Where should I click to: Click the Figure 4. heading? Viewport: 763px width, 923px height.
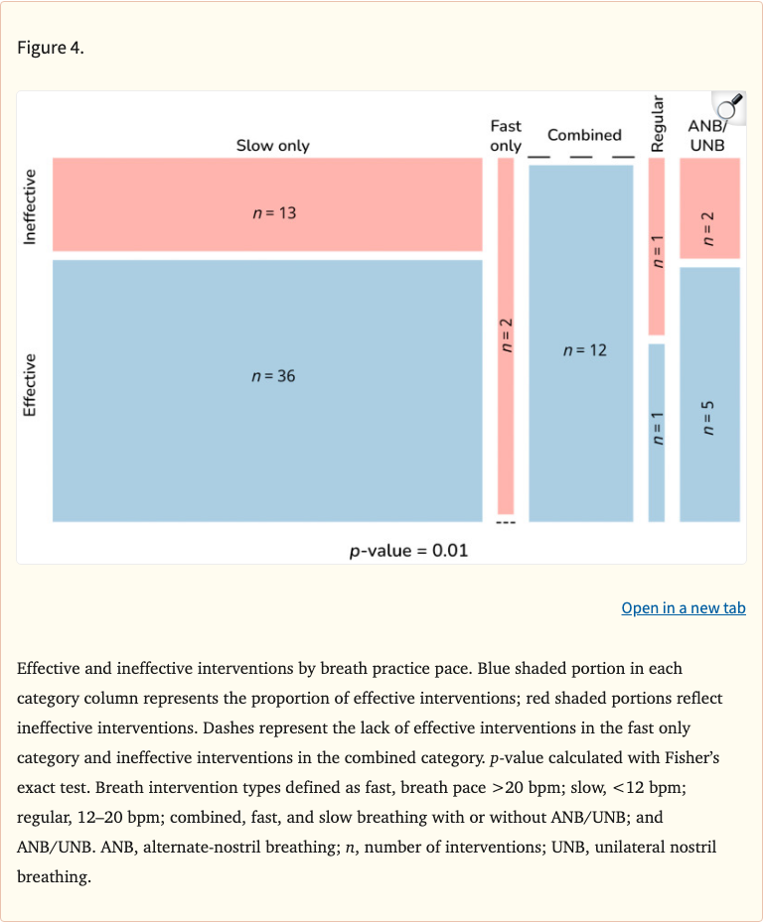(51, 48)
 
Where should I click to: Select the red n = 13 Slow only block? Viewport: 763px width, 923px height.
(267, 203)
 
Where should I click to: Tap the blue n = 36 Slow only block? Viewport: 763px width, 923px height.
(267, 390)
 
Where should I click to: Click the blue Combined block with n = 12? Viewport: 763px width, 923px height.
(581, 342)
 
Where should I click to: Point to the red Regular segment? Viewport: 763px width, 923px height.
(656, 246)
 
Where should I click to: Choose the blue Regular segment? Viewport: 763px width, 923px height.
(656, 432)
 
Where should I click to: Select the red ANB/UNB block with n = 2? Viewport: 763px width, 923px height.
(709, 208)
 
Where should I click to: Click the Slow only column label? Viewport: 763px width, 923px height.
(272, 146)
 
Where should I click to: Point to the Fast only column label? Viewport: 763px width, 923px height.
(506, 136)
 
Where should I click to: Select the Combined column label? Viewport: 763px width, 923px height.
(584, 135)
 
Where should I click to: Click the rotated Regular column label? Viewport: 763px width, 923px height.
(656, 123)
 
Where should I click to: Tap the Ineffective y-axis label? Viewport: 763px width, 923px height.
(30, 206)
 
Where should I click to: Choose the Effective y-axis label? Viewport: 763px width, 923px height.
(30, 385)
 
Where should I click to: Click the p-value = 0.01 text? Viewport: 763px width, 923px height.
(408, 551)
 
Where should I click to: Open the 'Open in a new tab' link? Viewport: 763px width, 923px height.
(684, 607)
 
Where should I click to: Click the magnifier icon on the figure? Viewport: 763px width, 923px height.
(728, 106)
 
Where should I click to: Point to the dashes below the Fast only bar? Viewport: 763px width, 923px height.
(506, 525)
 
